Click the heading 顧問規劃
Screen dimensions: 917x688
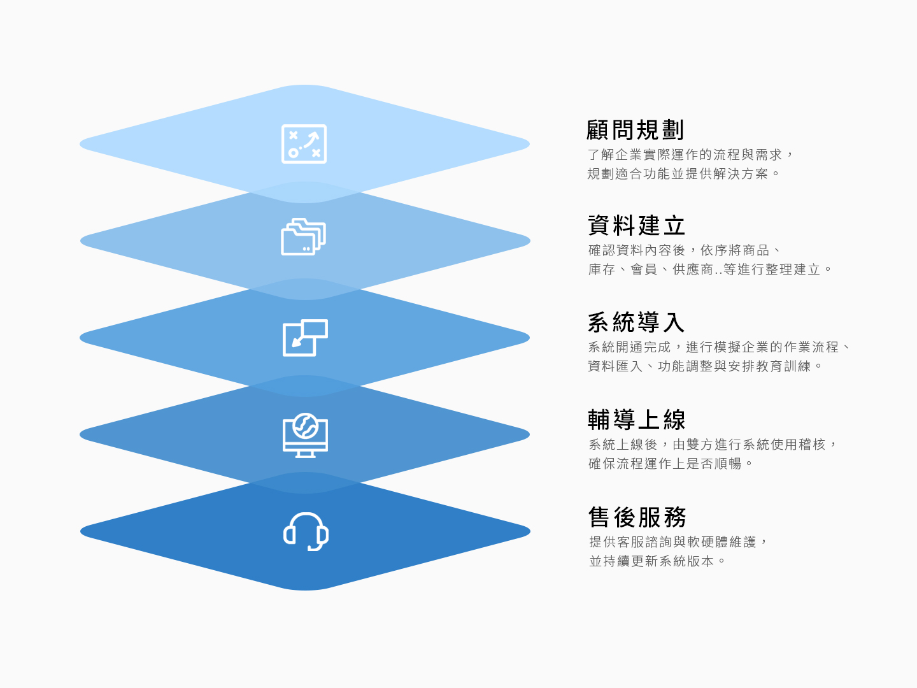pyautogui.click(x=635, y=130)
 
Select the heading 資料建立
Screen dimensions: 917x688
pyautogui.click(x=636, y=226)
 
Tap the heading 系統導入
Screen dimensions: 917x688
pyautogui.click(x=636, y=322)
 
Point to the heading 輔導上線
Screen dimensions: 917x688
pyautogui.click(x=636, y=419)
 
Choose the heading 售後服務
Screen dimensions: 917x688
pyautogui.click(x=637, y=517)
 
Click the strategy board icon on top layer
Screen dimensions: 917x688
pyautogui.click(x=304, y=144)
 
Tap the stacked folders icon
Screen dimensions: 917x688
pyautogui.click(x=303, y=236)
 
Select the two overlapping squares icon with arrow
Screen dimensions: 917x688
pyautogui.click(x=305, y=338)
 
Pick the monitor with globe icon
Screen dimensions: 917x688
pyautogui.click(x=305, y=435)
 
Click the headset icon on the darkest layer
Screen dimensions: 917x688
pyautogui.click(x=306, y=532)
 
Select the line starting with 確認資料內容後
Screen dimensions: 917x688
pyautogui.click(x=685, y=250)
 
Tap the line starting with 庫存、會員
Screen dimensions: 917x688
pyautogui.click(x=710, y=269)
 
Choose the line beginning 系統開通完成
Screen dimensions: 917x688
pyautogui.click(x=719, y=347)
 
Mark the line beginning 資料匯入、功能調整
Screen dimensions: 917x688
pyautogui.click(x=705, y=366)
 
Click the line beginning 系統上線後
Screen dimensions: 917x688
pyautogui.click(x=713, y=445)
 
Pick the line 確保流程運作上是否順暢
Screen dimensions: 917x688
pyautogui.click(x=671, y=464)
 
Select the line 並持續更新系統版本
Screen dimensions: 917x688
pyautogui.click(x=658, y=561)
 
